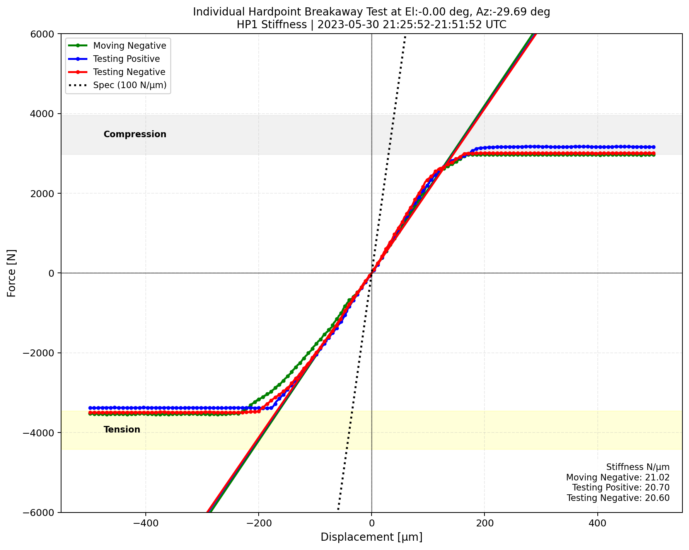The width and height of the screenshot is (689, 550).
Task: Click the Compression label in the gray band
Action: [x=135, y=134]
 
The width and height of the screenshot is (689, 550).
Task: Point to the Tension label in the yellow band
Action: [x=122, y=429]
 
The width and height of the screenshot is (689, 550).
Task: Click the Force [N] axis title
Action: [x=12, y=273]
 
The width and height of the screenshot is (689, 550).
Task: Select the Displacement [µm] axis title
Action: [x=371, y=537]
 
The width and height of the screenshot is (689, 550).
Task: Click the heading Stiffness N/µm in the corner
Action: [x=638, y=467]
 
